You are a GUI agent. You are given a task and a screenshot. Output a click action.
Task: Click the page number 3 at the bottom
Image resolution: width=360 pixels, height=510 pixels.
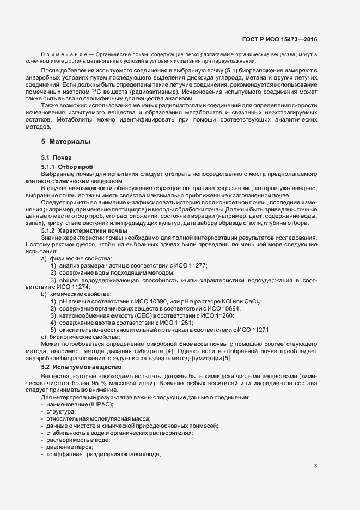(316, 465)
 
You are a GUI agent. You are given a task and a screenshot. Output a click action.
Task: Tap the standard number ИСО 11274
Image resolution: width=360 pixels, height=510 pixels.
(75, 287)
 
